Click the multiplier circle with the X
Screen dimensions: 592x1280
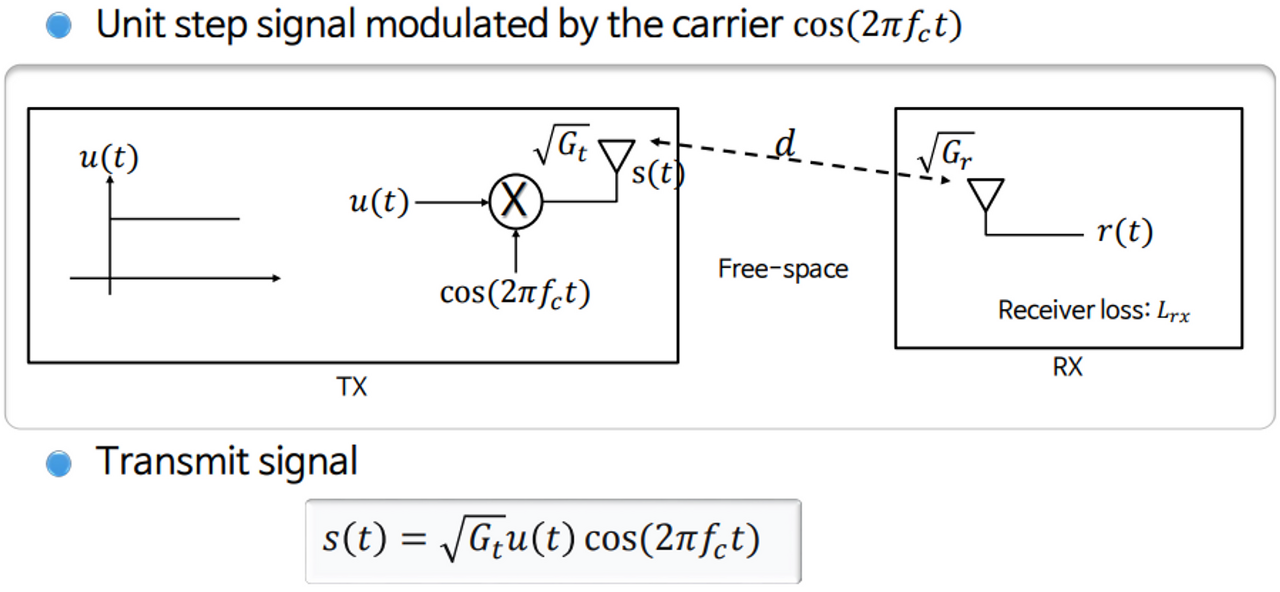pos(515,202)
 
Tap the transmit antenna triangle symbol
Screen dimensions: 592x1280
pos(616,156)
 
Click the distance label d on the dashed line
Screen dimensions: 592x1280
pos(786,145)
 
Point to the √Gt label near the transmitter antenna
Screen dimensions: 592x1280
pos(561,148)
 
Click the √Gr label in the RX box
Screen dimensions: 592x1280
pos(945,152)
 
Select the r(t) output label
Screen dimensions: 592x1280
pos(1124,233)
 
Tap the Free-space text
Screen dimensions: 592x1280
pos(783,268)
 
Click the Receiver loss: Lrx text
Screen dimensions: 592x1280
pos(1094,311)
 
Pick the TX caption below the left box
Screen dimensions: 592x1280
pos(352,387)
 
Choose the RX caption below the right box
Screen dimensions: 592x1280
pos(1068,367)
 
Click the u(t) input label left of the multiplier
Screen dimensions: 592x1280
pos(379,202)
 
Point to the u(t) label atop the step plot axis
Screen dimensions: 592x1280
pos(108,158)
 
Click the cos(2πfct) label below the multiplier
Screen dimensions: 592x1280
pos(515,293)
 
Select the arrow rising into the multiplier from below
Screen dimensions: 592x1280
pos(515,250)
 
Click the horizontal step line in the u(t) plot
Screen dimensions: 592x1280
pos(174,218)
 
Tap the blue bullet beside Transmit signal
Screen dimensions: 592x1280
pos(60,463)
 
